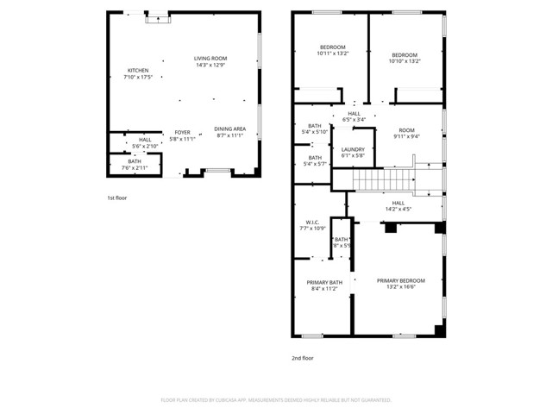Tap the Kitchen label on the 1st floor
[x=139, y=74]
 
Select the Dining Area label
[x=229, y=132]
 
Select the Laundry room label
[x=353, y=153]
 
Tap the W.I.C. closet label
[x=312, y=225]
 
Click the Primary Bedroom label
[x=400, y=284]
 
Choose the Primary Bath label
[x=324, y=286]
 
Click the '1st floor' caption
[x=118, y=198]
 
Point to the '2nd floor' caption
[x=302, y=357]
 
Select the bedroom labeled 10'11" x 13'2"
[x=333, y=50]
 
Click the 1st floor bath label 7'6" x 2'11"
[x=135, y=164]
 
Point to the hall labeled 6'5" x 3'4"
[x=354, y=116]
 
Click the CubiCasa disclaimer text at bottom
[x=276, y=400]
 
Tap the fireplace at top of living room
[x=157, y=17]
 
